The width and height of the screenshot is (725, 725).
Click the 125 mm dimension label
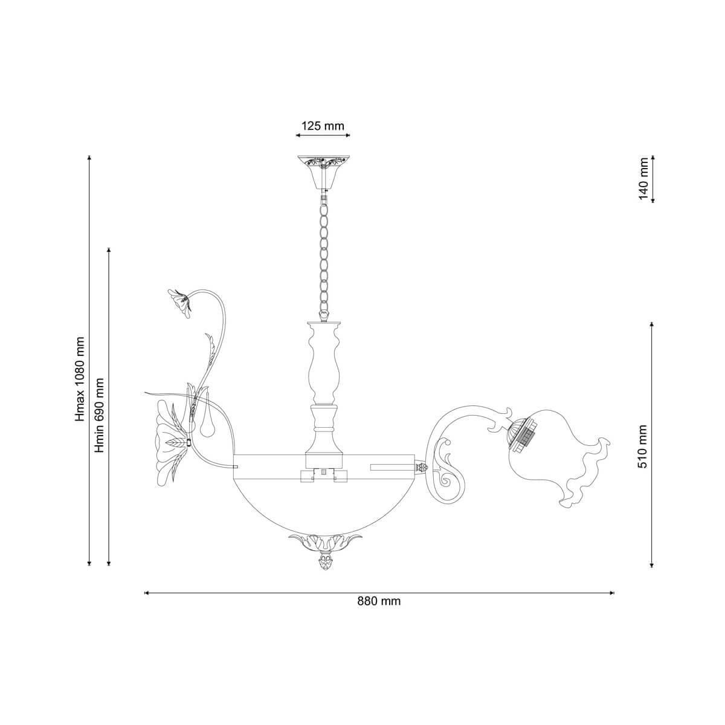click(x=323, y=126)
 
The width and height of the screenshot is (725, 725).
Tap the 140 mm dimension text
click(x=643, y=179)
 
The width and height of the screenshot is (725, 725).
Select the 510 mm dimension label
click(x=643, y=446)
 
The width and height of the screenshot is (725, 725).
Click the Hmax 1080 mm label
click(x=80, y=379)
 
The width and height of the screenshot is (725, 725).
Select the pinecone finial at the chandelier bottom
click(x=324, y=572)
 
